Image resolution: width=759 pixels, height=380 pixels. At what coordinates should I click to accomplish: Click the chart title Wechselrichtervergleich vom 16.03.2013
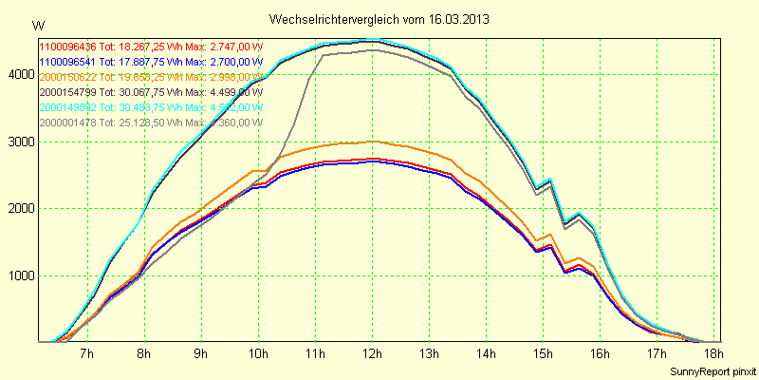click(379, 19)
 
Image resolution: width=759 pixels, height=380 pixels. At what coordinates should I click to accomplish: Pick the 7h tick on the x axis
click(87, 354)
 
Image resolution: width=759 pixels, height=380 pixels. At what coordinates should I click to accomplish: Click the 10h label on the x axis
click(258, 354)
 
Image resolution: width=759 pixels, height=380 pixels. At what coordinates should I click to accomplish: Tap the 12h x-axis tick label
click(372, 354)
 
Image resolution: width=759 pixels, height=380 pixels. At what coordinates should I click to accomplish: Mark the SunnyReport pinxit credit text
click(713, 370)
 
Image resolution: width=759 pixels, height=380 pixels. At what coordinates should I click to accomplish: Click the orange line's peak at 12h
click(372, 141)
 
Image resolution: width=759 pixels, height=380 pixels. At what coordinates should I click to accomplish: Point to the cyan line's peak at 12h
click(372, 40)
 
